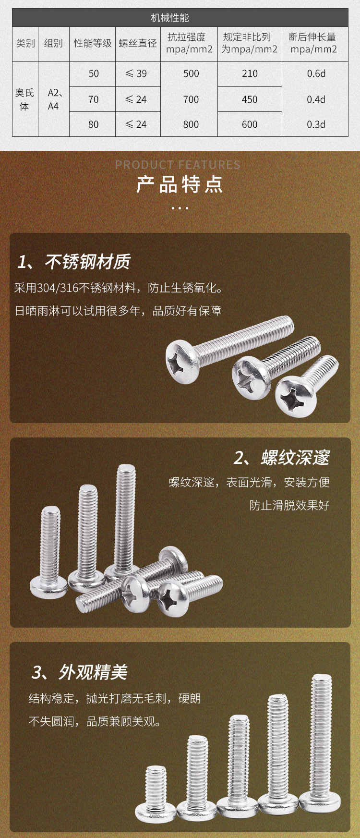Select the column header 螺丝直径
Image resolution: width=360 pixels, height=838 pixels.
click(x=138, y=43)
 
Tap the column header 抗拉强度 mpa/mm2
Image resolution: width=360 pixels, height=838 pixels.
click(x=189, y=43)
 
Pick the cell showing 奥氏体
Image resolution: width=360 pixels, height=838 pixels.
click(x=24, y=99)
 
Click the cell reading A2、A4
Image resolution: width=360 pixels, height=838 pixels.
click(x=54, y=99)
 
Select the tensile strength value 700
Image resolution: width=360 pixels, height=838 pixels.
click(x=191, y=99)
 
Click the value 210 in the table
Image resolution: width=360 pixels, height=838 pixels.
click(x=250, y=73)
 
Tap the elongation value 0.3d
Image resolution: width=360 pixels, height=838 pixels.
click(x=316, y=124)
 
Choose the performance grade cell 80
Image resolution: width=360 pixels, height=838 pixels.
click(x=93, y=124)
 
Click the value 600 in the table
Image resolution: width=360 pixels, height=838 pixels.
click(x=250, y=124)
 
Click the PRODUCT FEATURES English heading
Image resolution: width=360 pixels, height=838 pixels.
click(x=178, y=165)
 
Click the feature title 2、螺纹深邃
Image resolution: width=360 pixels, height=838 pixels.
click(x=282, y=458)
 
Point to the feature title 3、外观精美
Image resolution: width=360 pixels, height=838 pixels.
click(x=80, y=672)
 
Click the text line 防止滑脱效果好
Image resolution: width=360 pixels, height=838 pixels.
click(x=289, y=505)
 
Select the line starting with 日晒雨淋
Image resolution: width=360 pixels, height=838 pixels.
click(x=118, y=311)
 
